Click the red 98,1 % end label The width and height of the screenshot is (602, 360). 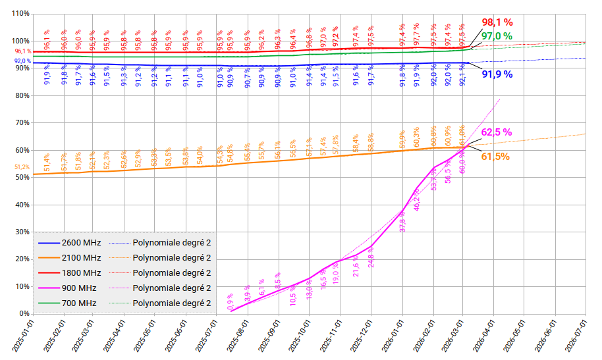[x=497, y=22]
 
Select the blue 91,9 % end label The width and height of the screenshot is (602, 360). [x=497, y=74]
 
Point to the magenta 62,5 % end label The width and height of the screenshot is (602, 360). [x=497, y=132]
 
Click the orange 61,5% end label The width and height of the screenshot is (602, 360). [x=495, y=156]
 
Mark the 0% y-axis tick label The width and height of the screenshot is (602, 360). [x=24, y=314]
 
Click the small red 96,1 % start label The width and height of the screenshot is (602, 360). [x=22, y=51]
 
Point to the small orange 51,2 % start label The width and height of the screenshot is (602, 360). [x=22, y=167]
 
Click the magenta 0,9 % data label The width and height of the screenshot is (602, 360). [x=231, y=301]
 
